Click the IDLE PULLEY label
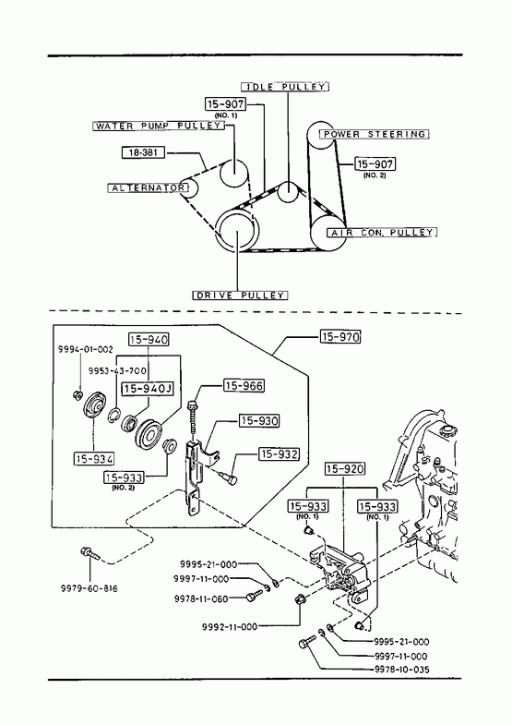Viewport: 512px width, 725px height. [x=285, y=87]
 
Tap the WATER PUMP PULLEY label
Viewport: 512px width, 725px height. [x=159, y=126]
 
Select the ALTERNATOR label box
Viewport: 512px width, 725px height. [x=149, y=187]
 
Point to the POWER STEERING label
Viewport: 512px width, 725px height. [x=375, y=134]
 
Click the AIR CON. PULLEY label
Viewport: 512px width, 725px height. [x=382, y=232]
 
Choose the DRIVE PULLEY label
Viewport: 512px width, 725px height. [x=240, y=295]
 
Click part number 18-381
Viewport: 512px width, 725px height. [x=143, y=152]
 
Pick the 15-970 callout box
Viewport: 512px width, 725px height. [x=340, y=336]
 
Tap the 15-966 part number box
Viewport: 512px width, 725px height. [x=244, y=386]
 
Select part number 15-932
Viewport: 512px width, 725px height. [x=279, y=454]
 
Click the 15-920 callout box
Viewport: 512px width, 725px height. [x=344, y=469]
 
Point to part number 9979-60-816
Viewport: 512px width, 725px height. [x=89, y=588]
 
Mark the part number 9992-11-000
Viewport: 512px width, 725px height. [x=230, y=627]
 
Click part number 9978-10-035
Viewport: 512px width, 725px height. [x=401, y=669]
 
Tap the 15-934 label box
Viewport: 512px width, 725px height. [x=94, y=459]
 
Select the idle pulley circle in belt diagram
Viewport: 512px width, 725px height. [x=288, y=191]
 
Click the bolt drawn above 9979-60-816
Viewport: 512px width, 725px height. [x=90, y=552]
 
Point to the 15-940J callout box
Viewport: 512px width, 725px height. [x=148, y=389]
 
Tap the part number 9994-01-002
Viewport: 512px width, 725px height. [x=86, y=349]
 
